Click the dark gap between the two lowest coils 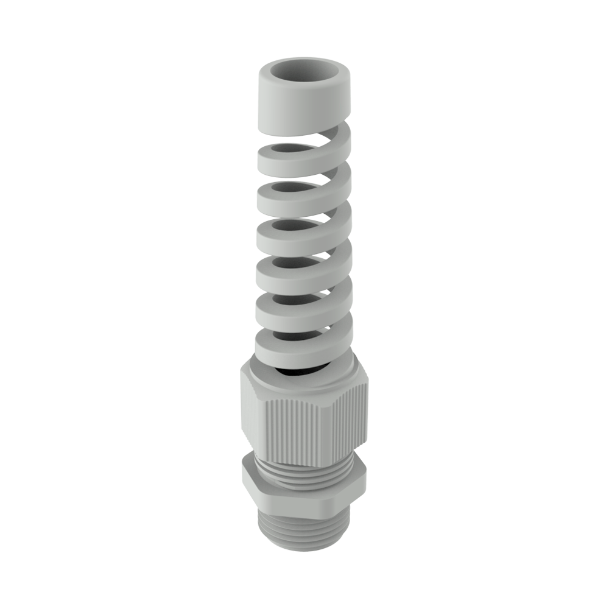(292, 334)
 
